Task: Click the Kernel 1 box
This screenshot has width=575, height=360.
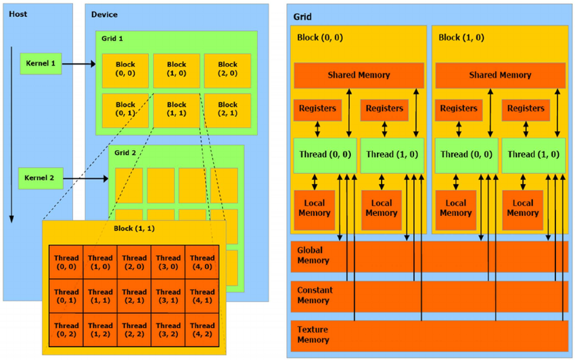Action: click(x=41, y=64)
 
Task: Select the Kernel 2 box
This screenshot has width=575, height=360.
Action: click(x=39, y=178)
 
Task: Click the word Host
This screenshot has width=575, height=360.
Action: click(x=18, y=14)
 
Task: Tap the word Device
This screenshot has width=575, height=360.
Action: click(x=103, y=14)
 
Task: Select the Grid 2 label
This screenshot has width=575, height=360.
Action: click(x=126, y=154)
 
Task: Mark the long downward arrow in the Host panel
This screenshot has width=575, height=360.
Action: click(x=12, y=135)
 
